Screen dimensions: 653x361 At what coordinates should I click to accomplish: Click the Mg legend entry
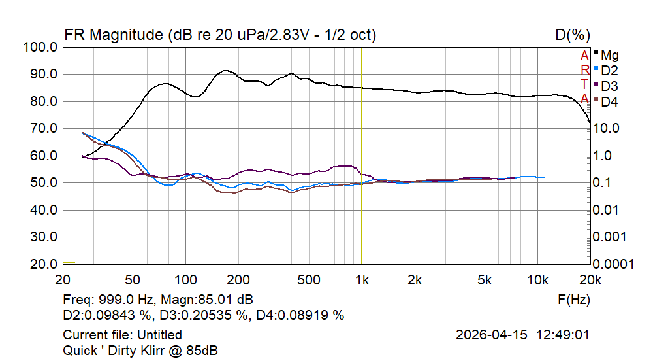pyautogui.click(x=607, y=55)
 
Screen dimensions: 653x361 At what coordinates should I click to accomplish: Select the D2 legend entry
pyautogui.click(x=607, y=71)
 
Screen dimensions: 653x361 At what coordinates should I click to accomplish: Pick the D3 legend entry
pyautogui.click(x=607, y=86)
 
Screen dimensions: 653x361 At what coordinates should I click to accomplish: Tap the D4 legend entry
pyautogui.click(x=607, y=102)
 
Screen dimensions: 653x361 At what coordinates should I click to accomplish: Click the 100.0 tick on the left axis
pyautogui.click(x=40, y=47)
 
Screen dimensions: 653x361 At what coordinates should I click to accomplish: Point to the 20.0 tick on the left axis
pyautogui.click(x=44, y=264)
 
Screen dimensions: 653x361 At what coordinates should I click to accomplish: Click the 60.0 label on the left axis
pyautogui.click(x=44, y=156)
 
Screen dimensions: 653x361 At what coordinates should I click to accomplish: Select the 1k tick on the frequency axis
pyautogui.click(x=362, y=280)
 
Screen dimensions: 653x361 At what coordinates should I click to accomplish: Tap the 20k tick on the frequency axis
pyautogui.click(x=590, y=280)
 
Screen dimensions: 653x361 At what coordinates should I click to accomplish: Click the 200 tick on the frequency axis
pyautogui.click(x=238, y=280)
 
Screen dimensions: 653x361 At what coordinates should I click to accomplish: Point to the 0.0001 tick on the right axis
pyautogui.click(x=613, y=264)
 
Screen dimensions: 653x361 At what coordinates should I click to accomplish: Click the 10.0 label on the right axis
pyautogui.click(x=606, y=128)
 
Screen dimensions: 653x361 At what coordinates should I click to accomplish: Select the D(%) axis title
pyautogui.click(x=573, y=35)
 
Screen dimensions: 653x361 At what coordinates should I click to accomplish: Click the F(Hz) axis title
pyautogui.click(x=574, y=300)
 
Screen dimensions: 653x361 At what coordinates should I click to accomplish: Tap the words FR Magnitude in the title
pyautogui.click(x=113, y=35)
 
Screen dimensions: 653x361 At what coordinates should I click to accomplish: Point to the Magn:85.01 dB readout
pyautogui.click(x=206, y=300)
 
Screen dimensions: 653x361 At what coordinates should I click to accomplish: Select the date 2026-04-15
pyautogui.click(x=492, y=335)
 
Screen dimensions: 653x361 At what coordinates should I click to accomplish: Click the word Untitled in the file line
pyautogui.click(x=159, y=335)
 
